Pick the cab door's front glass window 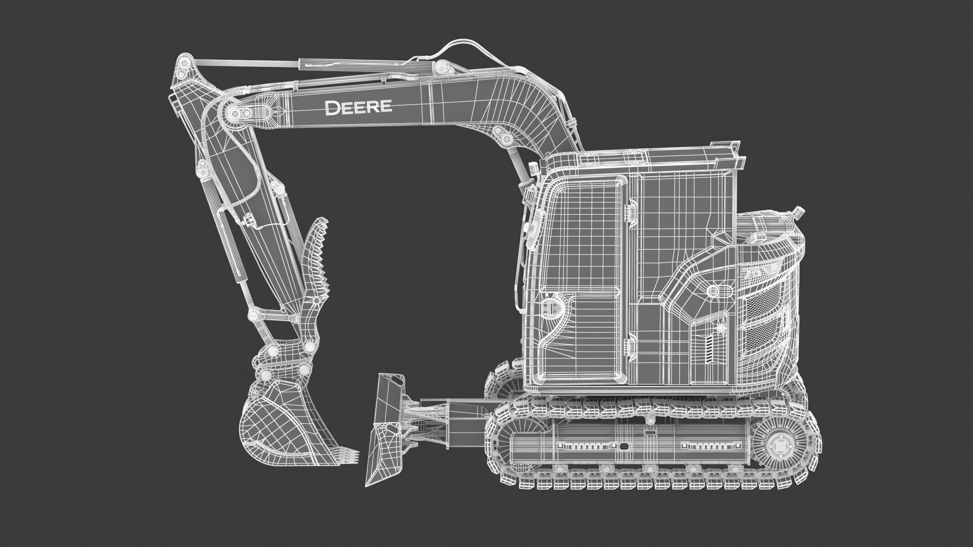579,228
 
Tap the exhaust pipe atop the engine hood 798,212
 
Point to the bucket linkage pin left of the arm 253,315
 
